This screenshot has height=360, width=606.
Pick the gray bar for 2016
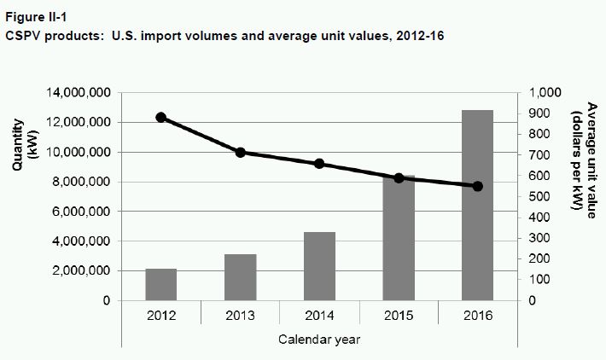pyautogui.click(x=477, y=205)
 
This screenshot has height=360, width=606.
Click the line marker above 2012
pyautogui.click(x=160, y=118)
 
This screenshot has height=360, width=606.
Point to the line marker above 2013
pyautogui.click(x=240, y=153)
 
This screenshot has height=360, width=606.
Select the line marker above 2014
pyautogui.click(x=319, y=164)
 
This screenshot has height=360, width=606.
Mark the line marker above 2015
pyautogui.click(x=399, y=177)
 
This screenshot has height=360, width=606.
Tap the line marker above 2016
pyautogui.click(x=477, y=186)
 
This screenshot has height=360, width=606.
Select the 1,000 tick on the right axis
pyautogui.click(x=545, y=93)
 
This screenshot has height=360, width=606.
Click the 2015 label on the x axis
pyautogui.click(x=399, y=314)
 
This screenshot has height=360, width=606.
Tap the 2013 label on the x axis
pyautogui.click(x=240, y=314)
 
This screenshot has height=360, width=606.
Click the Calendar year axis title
pyautogui.click(x=319, y=339)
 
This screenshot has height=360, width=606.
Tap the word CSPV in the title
pyautogui.click(x=25, y=37)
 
